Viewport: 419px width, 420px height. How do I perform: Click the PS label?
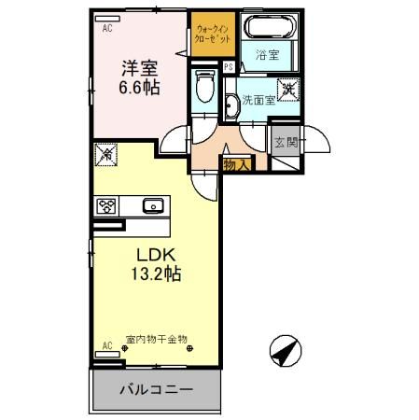228,66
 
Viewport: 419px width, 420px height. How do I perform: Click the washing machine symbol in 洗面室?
290,90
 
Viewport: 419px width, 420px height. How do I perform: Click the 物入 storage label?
234,164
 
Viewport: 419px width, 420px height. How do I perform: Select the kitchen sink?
152,205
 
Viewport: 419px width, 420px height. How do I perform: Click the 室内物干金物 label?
157,342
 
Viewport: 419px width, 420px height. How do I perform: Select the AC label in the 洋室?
105,27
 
